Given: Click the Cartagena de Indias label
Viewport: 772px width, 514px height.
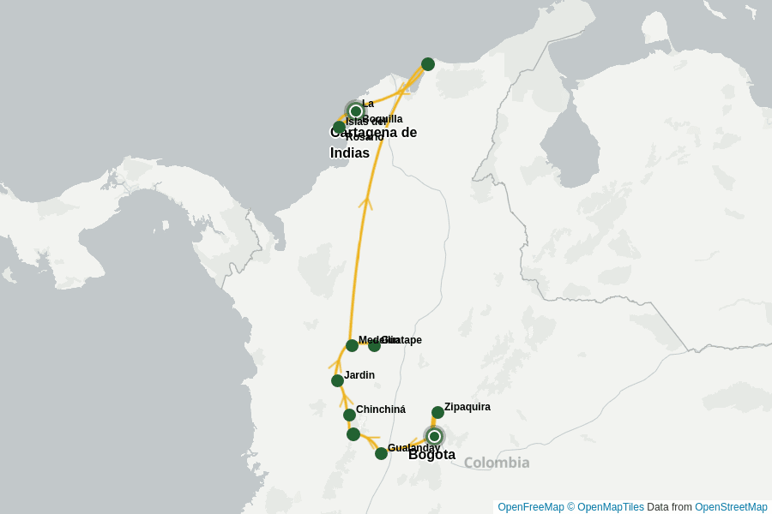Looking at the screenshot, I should (373, 142).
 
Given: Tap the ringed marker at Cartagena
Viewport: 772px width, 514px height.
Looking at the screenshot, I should (356, 111).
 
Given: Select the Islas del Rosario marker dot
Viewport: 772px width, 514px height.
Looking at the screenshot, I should (340, 127).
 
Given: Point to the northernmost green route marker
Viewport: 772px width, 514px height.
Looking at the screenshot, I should (428, 64).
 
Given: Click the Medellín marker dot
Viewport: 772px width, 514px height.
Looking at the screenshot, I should (352, 345).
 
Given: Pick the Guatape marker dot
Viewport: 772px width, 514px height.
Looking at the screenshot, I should (375, 345).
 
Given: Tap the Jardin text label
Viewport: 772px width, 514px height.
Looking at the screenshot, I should (359, 375).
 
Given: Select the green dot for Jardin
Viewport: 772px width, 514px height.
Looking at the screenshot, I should (337, 380).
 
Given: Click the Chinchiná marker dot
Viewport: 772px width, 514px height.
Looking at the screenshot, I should (349, 415).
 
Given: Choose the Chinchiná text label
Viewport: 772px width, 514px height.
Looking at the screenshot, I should (381, 409).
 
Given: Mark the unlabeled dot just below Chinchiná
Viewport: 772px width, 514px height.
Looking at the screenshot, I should (353, 434).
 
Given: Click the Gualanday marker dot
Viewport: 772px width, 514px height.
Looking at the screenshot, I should (381, 453).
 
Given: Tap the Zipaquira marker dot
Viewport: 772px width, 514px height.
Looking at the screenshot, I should (437, 412).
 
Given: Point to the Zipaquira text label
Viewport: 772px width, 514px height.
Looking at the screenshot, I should (467, 407).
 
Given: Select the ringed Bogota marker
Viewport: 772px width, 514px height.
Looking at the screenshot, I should (434, 436).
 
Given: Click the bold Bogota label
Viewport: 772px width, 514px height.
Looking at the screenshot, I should (431, 455).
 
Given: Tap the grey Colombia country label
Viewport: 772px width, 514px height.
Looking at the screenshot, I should (497, 463).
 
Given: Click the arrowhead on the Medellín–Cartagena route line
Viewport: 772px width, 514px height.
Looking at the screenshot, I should (365, 202).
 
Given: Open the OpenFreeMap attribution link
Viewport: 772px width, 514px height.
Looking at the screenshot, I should (530, 507).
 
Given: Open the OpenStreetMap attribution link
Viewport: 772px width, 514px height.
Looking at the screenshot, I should (731, 507).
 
